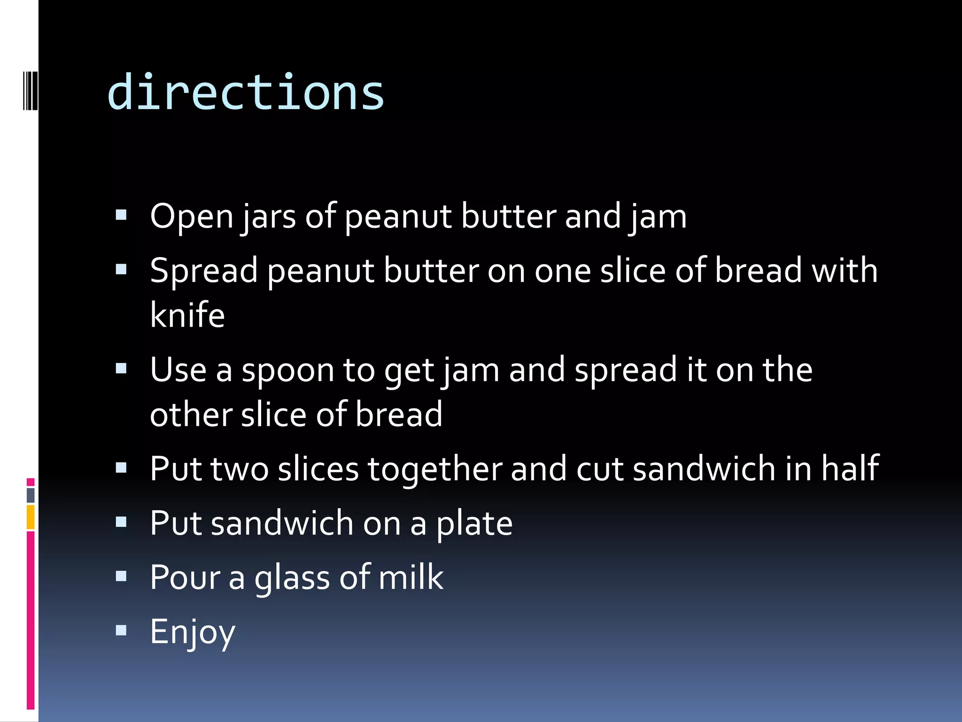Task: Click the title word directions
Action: coord(245,93)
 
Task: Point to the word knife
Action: coord(187,315)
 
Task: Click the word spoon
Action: coord(287,370)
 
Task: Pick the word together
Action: coord(434,469)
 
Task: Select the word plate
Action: coord(474,524)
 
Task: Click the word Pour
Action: coord(185,577)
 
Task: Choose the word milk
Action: coord(411,577)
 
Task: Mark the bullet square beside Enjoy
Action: coord(121,630)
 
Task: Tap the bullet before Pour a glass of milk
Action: coord(121,576)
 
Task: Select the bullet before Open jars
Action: coord(121,215)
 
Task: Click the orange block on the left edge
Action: coord(31,517)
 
